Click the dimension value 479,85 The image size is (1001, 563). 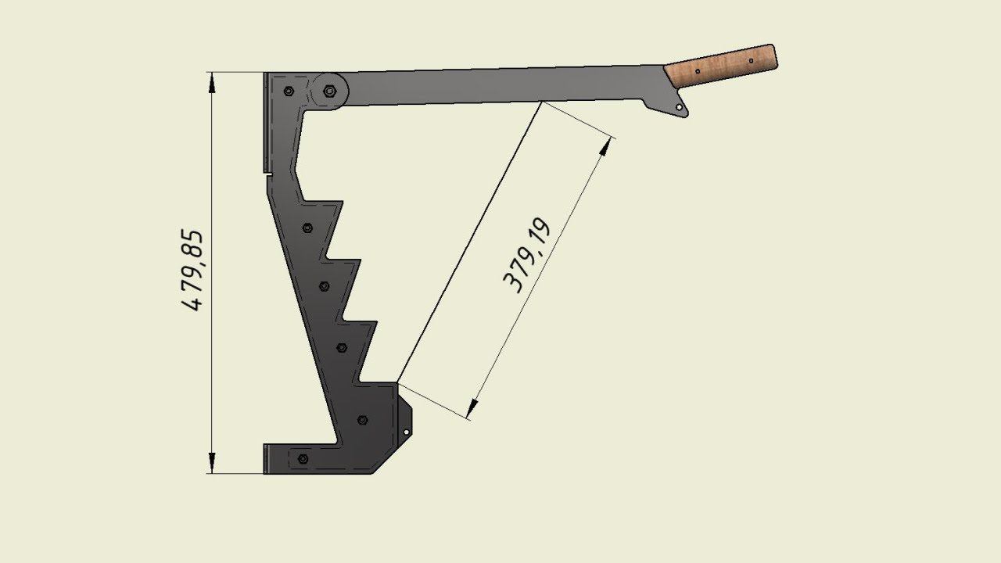[x=192, y=270]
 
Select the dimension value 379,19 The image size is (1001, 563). [x=526, y=255]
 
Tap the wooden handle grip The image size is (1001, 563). [x=721, y=66]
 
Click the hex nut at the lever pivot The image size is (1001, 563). [x=329, y=91]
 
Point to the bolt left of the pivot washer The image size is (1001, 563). [x=289, y=91]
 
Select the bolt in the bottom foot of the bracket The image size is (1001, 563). [x=303, y=459]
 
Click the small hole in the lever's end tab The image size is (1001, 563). [x=679, y=107]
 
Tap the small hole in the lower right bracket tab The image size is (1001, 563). [x=406, y=432]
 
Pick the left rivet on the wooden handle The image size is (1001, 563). [x=698, y=71]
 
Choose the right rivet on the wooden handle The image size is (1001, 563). [x=751, y=61]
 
